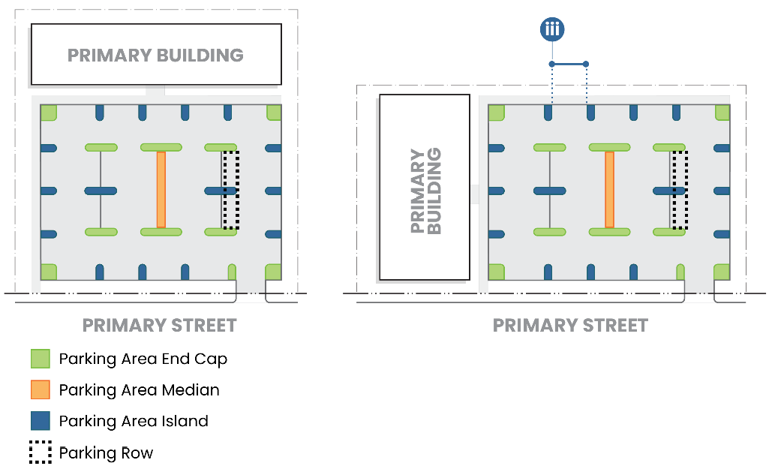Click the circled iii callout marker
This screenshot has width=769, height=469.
tap(552, 30)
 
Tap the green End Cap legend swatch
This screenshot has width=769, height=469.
tap(40, 359)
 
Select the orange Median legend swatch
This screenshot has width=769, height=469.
tap(40, 390)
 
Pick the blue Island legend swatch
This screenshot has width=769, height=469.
tap(40, 421)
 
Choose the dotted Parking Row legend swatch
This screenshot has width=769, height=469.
tap(40, 452)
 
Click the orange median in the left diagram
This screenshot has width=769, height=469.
tap(161, 189)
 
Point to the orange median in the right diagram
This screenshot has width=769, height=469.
tap(609, 189)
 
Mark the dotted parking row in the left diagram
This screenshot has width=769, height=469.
tap(231, 190)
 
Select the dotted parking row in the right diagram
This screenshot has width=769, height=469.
tap(680, 190)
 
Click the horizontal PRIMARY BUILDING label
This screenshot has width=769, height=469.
tap(155, 55)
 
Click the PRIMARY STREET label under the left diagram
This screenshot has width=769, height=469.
tap(159, 326)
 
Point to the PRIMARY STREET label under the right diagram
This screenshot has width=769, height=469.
tap(570, 326)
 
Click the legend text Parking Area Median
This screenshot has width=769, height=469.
tap(139, 390)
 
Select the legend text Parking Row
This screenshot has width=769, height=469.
tap(106, 453)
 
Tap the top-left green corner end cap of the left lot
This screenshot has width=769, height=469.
tap(49, 113)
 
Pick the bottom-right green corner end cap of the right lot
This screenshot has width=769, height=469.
tap(722, 272)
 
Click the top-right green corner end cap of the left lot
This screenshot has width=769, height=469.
tap(274, 113)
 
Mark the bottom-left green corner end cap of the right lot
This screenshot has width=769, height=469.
tap(497, 272)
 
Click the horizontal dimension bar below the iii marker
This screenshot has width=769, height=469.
tap(569, 63)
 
